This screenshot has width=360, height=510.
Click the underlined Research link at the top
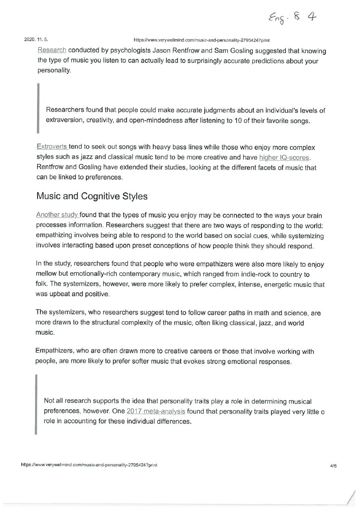(x=52, y=51)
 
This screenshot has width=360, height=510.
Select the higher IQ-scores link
(x=285, y=157)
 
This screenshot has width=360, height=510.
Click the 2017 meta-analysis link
(x=156, y=412)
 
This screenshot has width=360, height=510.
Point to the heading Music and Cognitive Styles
(x=92, y=196)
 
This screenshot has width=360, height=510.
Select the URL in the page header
(x=201, y=41)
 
